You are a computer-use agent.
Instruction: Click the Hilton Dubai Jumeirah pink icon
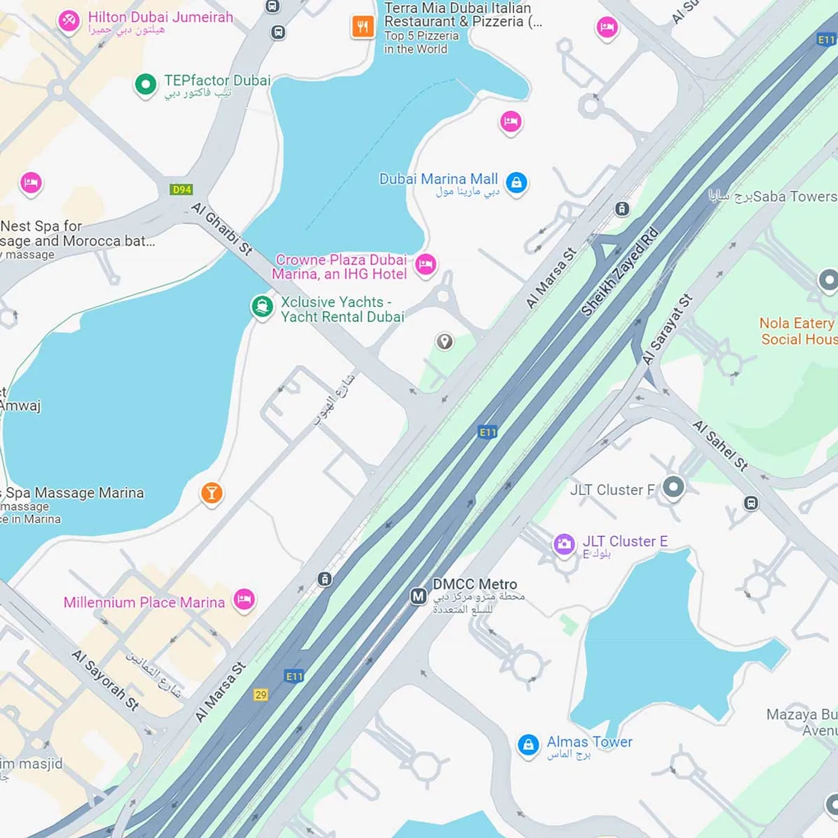tap(69, 20)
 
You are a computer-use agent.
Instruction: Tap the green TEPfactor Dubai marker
tap(145, 84)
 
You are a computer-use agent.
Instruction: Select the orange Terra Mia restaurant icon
tap(362, 26)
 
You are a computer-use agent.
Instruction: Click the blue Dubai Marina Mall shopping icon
tap(517, 182)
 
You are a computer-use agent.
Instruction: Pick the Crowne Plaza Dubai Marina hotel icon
tap(426, 264)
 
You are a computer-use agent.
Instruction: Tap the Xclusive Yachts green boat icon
tap(262, 306)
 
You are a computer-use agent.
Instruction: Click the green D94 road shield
tap(181, 190)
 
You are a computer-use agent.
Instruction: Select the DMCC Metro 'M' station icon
tap(418, 596)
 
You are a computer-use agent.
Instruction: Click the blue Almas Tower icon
tap(528, 745)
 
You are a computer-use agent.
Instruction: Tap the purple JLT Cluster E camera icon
tap(564, 544)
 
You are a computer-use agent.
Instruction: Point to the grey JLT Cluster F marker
tap(673, 486)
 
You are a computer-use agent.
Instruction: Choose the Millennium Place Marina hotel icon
tap(244, 599)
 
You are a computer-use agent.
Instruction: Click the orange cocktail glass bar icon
tap(211, 493)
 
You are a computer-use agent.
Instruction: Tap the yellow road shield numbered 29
tap(261, 695)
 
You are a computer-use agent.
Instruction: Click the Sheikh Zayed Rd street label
tap(619, 272)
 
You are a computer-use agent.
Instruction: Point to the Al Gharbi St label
tap(222, 229)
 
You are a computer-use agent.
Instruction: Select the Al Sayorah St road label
tap(105, 680)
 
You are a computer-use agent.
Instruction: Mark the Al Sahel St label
tap(720, 445)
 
